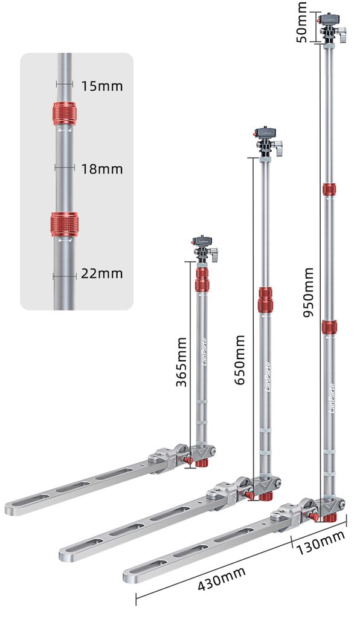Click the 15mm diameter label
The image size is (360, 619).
(101, 86)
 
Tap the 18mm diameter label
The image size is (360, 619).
(101, 169)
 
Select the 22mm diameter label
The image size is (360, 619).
(101, 274)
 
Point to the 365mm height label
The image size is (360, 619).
(181, 361)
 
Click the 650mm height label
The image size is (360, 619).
(239, 360)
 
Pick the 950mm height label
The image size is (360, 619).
(308, 293)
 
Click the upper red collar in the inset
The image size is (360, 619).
(65, 114)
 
